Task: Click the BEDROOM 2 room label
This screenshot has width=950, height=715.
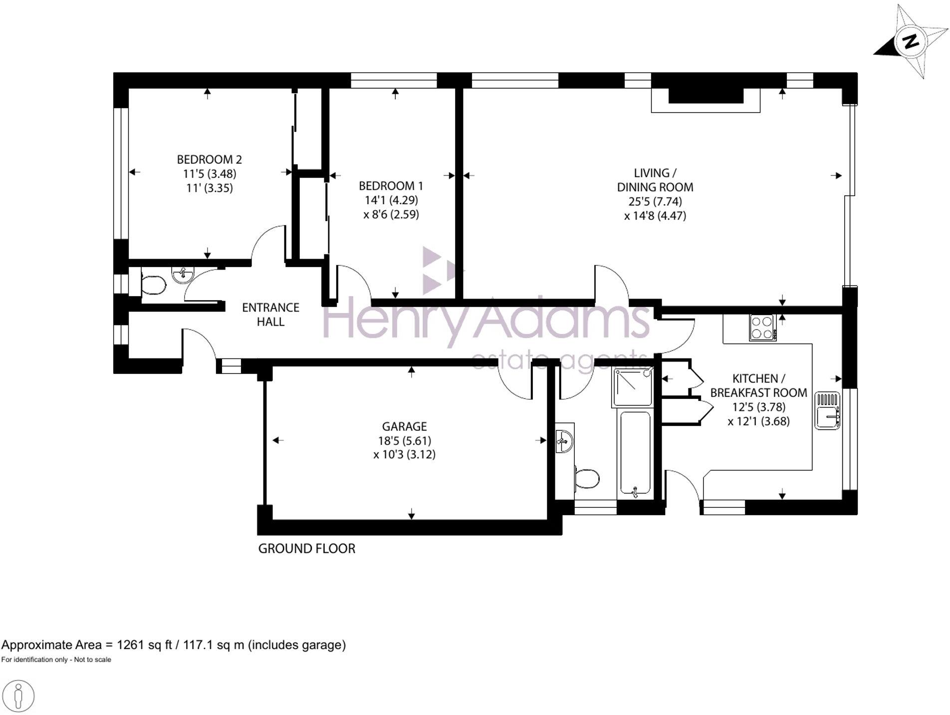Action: click(x=209, y=159)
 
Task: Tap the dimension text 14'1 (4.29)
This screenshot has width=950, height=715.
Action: click(x=391, y=200)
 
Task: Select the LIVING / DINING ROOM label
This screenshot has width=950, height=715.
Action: click(x=655, y=180)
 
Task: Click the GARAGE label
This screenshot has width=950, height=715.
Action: click(x=404, y=426)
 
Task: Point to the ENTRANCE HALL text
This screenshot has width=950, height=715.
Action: click(x=270, y=315)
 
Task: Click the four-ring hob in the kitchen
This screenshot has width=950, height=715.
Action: click(x=762, y=328)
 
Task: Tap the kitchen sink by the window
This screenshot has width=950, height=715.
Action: click(x=828, y=411)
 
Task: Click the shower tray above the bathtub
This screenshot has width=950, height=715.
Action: click(x=633, y=387)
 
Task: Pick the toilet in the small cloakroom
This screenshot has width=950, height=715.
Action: click(x=152, y=286)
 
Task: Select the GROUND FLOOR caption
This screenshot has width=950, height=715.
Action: click(x=306, y=548)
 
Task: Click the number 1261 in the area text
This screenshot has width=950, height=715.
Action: click(x=131, y=645)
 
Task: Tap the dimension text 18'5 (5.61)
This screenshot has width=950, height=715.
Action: click(x=404, y=440)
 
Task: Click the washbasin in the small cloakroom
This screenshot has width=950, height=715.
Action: click(x=182, y=273)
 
